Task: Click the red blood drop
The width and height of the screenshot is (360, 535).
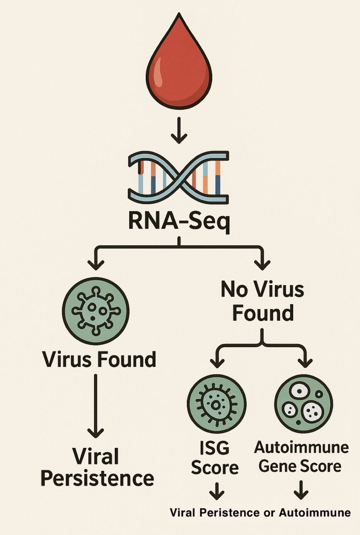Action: (x=179, y=67)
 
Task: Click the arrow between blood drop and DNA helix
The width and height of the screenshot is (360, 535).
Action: (x=179, y=130)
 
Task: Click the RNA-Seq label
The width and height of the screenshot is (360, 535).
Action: (x=179, y=222)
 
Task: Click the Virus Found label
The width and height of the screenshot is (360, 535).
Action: (x=99, y=359)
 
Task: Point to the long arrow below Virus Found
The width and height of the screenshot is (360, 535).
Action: (x=95, y=406)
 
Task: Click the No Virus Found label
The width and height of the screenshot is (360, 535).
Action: (x=262, y=301)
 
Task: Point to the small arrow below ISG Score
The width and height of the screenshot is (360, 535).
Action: (x=217, y=492)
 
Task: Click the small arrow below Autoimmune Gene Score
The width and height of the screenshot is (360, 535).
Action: (x=301, y=492)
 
